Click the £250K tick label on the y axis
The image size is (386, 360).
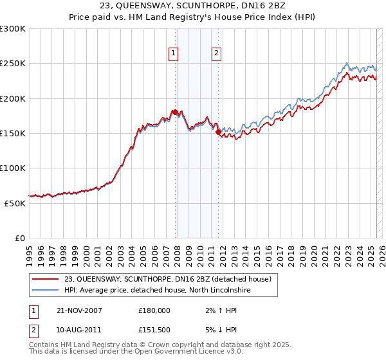13,64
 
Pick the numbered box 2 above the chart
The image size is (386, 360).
217,54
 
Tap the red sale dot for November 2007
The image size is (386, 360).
176,113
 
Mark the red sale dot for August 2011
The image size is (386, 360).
218,132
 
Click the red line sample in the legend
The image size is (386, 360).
46,279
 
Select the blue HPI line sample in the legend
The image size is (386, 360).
46,290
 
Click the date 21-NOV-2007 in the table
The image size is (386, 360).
79,310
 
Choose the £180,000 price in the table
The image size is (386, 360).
154,310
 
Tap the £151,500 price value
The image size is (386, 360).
154,330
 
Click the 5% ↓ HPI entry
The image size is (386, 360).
217,330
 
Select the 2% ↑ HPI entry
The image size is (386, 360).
217,310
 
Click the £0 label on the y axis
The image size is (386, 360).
19,237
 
